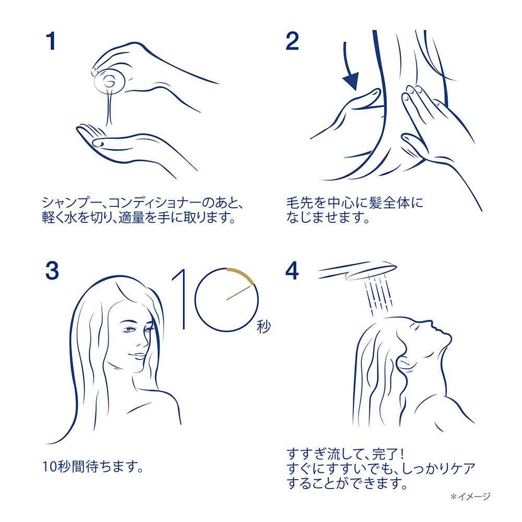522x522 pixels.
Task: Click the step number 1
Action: point(50,42)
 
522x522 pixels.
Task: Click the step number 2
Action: point(292,42)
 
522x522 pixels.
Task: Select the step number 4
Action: point(292,270)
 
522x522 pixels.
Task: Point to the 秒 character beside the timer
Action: point(264,327)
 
